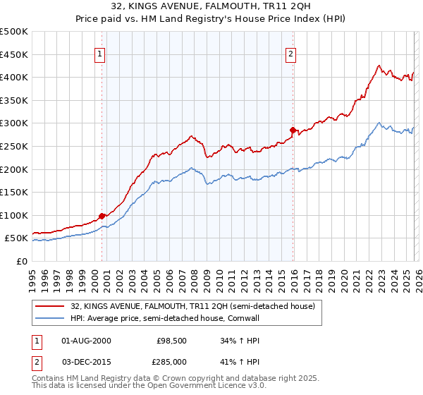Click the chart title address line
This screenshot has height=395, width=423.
(211, 7)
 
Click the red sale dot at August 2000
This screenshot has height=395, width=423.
(102, 216)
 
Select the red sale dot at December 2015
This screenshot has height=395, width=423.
(293, 130)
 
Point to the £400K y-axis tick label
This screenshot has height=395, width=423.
(14, 77)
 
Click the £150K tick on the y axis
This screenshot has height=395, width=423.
(14, 192)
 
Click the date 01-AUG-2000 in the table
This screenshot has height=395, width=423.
(87, 341)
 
